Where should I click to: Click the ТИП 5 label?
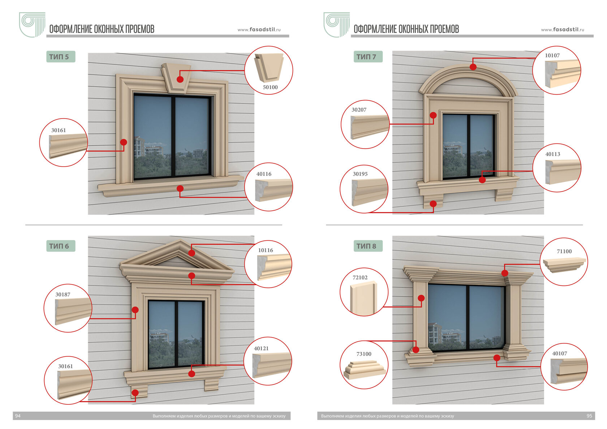tap(60, 57)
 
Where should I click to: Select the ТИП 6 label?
tap(60, 246)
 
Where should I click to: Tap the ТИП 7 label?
tap(367, 57)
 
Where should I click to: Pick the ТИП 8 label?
tap(367, 246)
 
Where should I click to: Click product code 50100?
tap(270, 87)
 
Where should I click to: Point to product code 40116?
tap(264, 174)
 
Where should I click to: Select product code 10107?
tap(552, 55)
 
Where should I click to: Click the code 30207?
tap(359, 110)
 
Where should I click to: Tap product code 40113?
tap(552, 154)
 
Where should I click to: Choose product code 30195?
tap(360, 174)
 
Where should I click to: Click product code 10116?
tap(265, 250)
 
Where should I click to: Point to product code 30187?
tap(63, 295)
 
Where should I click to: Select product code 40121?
tap(261, 348)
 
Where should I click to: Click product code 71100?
tap(564, 251)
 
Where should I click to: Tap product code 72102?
tap(360, 278)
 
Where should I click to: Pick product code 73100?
tap(363, 354)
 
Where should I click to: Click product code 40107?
tap(559, 353)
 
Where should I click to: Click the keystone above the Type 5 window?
tap(176, 77)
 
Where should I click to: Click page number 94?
tap(18, 416)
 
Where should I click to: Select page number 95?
tap(589, 416)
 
